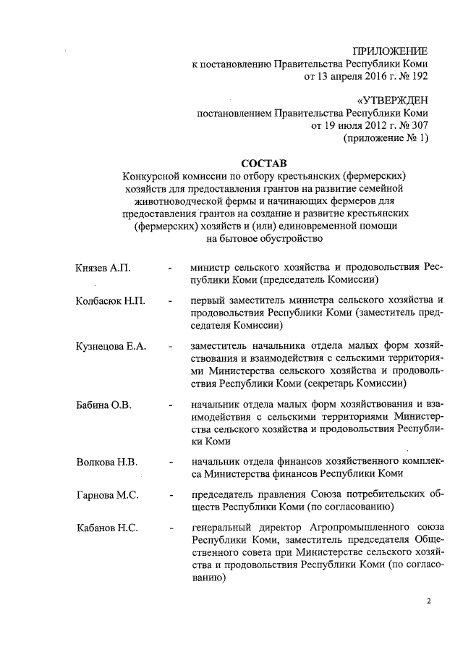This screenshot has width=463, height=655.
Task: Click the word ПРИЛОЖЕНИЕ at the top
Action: tap(388, 51)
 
